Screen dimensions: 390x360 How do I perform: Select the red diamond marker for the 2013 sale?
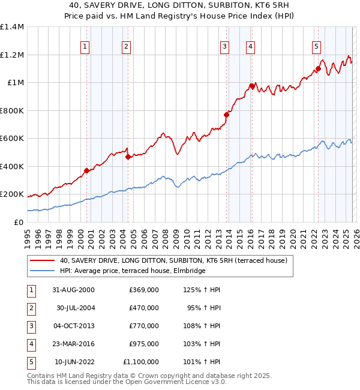[x=227, y=115]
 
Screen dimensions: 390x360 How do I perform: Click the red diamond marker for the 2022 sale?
[x=319, y=69]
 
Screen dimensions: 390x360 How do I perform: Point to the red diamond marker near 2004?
[x=128, y=157]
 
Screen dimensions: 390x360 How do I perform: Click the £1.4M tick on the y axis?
[x=12, y=27]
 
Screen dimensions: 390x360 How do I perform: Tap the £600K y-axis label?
[x=12, y=139]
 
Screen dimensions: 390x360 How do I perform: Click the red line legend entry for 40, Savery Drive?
[x=174, y=260]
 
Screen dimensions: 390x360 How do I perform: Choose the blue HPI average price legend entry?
[x=133, y=271]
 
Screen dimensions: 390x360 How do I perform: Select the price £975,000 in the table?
[x=144, y=344]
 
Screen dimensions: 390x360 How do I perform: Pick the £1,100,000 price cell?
[x=140, y=362]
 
